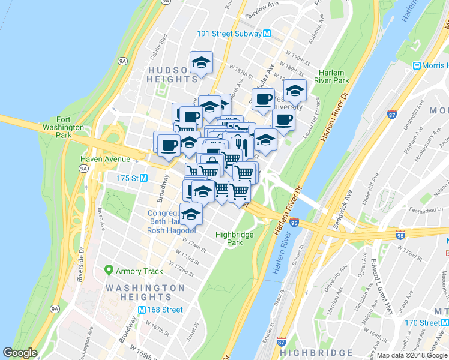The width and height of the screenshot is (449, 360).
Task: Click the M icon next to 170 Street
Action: [445, 323]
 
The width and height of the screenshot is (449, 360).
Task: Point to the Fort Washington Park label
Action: [62, 124]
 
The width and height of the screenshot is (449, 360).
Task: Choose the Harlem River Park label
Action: [334, 76]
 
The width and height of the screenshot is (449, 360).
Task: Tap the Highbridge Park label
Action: [234, 238]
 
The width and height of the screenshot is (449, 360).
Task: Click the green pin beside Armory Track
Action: [108, 271]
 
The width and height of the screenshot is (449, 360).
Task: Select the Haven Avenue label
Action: [106, 159]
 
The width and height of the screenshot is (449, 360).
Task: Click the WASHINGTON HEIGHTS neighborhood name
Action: [145, 293]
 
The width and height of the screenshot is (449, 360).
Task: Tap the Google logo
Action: [20, 353]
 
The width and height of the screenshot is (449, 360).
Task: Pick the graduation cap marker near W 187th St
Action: [202, 62]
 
